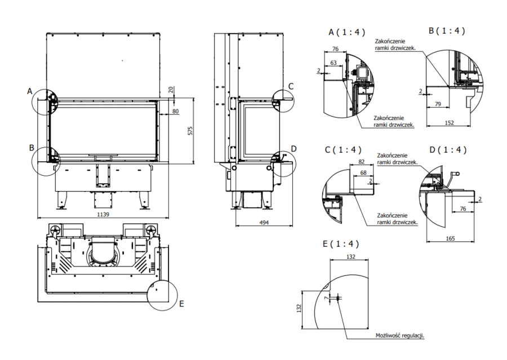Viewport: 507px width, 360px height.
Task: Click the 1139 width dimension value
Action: point(103,215)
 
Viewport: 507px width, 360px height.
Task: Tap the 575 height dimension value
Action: point(190,130)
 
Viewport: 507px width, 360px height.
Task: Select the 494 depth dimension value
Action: point(264,223)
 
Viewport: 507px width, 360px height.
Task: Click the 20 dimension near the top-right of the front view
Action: point(171,90)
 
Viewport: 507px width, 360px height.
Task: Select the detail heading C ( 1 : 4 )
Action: point(343,150)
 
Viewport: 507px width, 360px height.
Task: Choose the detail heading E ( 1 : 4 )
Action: point(340,244)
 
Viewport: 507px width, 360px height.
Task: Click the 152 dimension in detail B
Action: point(449,122)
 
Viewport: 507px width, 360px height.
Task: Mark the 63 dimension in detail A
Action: point(334,63)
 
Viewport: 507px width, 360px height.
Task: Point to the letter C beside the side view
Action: point(291,86)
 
